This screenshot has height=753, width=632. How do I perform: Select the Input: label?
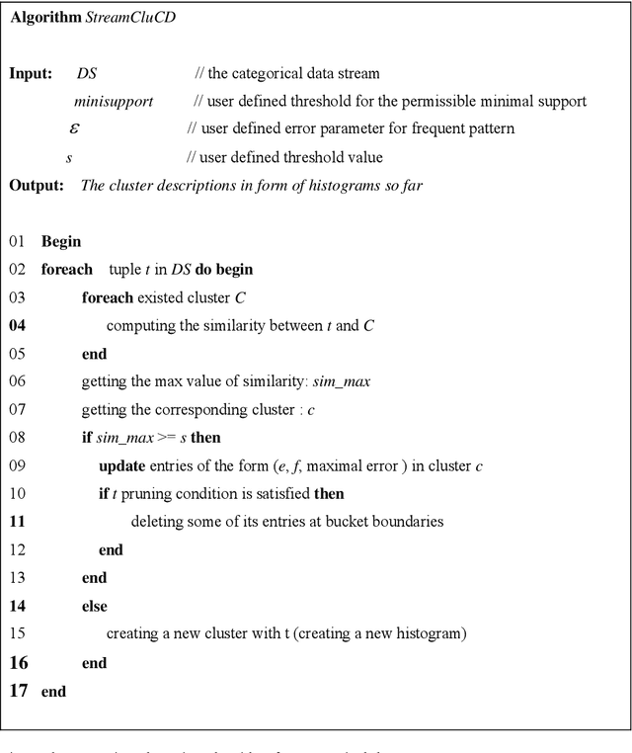click(32, 74)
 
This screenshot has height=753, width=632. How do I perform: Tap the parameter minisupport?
click(114, 101)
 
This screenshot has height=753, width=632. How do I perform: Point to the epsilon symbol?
click(75, 128)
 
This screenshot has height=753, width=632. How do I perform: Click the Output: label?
click(37, 185)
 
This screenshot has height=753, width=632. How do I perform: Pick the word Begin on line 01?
click(61, 241)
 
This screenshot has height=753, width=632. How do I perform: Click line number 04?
click(18, 325)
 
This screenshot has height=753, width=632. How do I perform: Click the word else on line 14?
click(94, 606)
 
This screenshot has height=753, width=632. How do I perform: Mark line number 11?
click(18, 522)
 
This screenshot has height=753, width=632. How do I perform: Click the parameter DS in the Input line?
click(87, 74)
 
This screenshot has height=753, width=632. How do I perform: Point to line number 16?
click(19, 663)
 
